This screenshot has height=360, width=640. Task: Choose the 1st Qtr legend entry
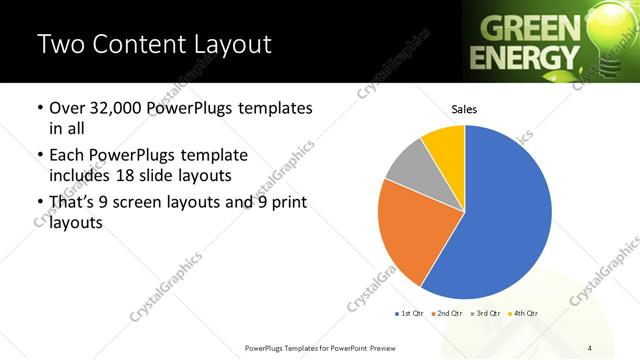409,314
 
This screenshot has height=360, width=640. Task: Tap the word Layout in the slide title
234,44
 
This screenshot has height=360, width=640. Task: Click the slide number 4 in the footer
590,347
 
